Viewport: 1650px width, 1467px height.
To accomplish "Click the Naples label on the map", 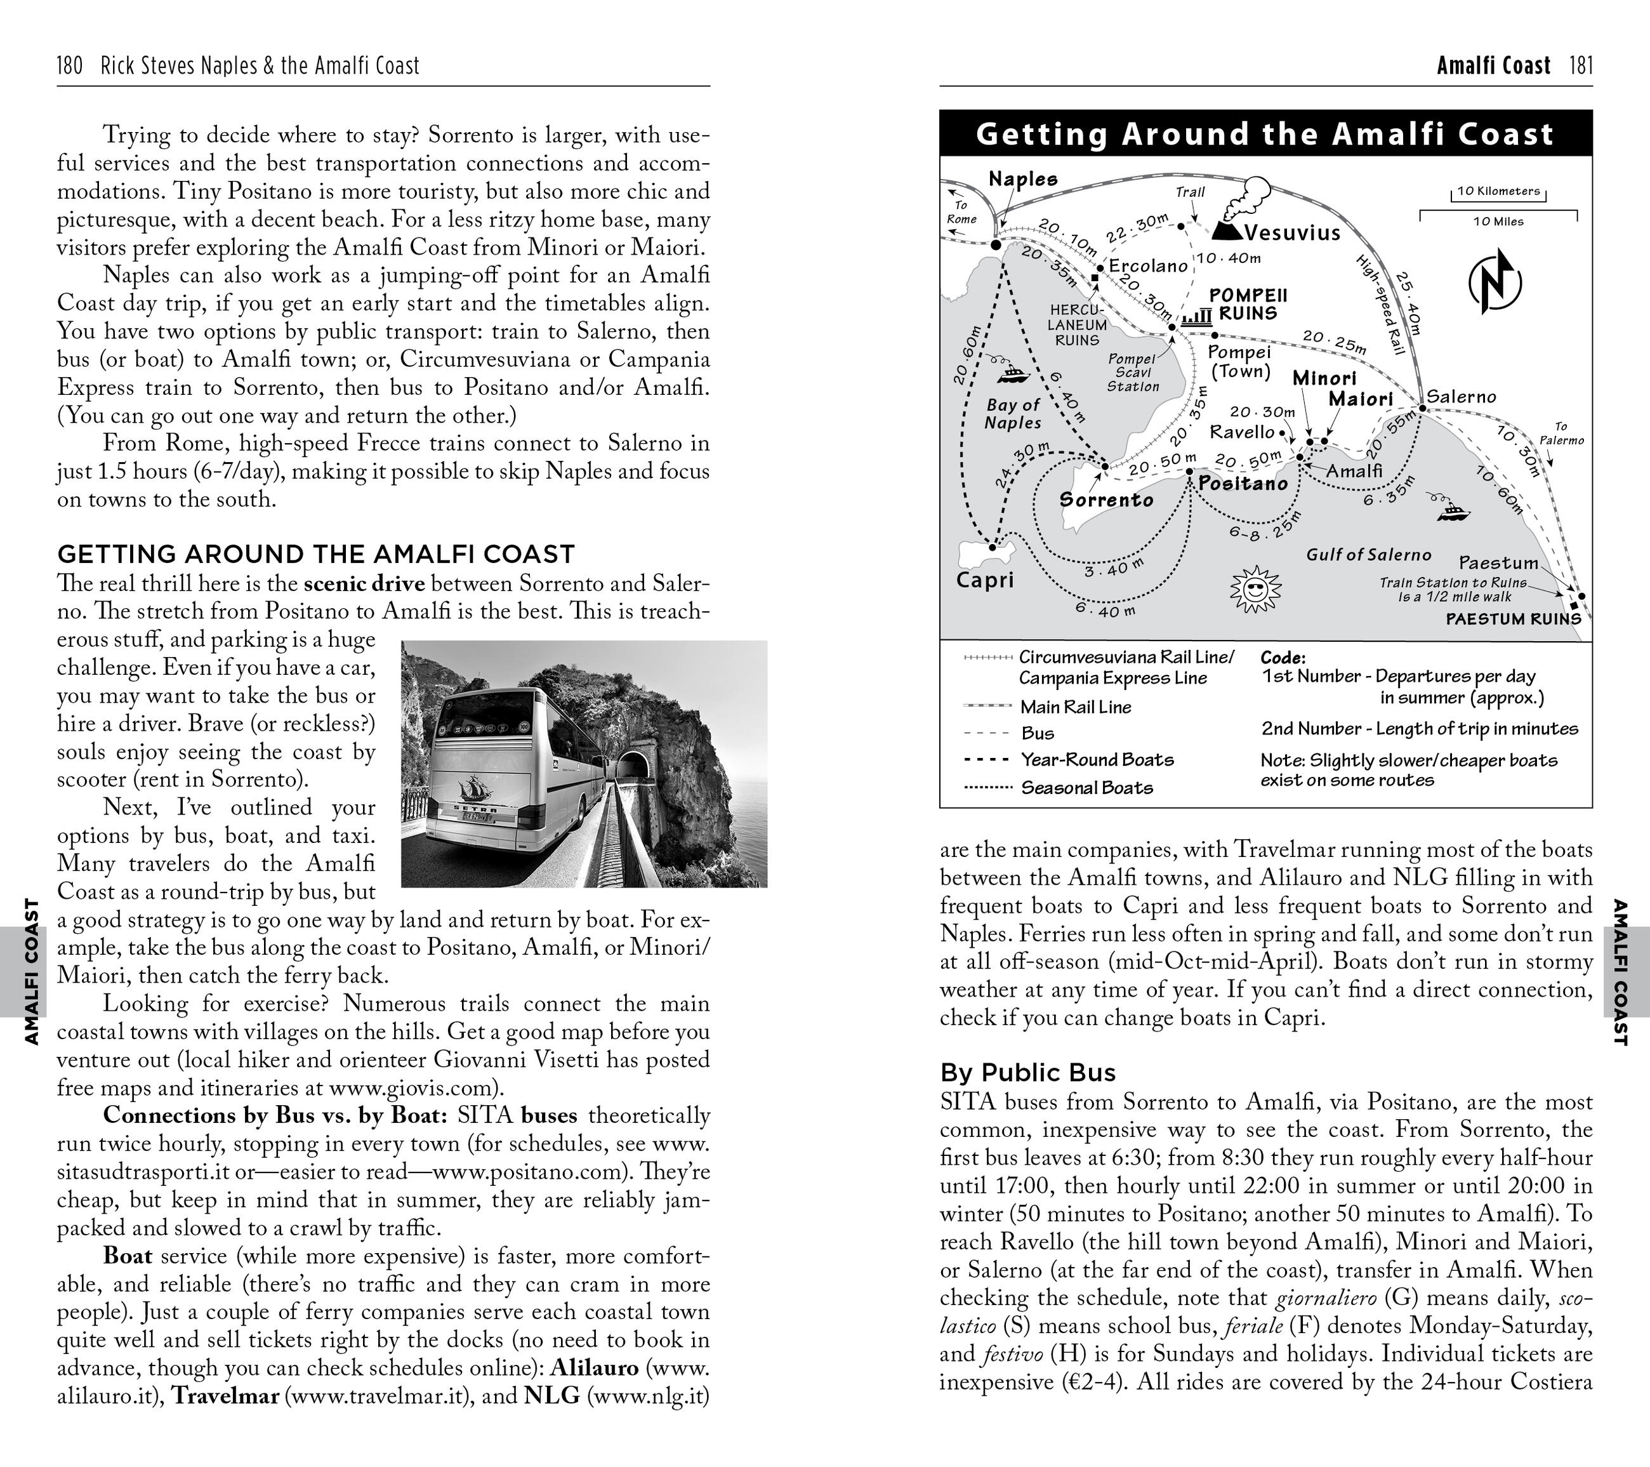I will (x=1023, y=178).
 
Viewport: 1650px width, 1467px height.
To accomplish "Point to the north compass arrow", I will (x=1495, y=282).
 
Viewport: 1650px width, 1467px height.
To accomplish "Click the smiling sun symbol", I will (x=1255, y=588).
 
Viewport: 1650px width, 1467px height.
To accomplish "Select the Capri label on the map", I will (x=984, y=580).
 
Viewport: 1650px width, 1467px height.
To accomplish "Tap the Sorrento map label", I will (x=1106, y=500).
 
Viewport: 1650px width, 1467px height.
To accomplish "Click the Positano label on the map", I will (x=1243, y=484).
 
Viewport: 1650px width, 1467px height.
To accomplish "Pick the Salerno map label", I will (x=1461, y=396).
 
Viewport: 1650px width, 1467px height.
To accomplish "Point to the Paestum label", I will (x=1498, y=562).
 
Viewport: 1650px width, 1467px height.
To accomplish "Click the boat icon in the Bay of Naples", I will (x=1012, y=374).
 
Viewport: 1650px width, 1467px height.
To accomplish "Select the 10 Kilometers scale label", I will (x=1498, y=191).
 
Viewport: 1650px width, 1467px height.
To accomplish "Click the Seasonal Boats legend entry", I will (x=1086, y=788).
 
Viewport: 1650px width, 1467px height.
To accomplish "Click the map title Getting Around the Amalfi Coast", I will (x=1265, y=134).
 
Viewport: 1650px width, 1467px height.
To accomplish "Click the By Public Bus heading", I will (x=1027, y=1072).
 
